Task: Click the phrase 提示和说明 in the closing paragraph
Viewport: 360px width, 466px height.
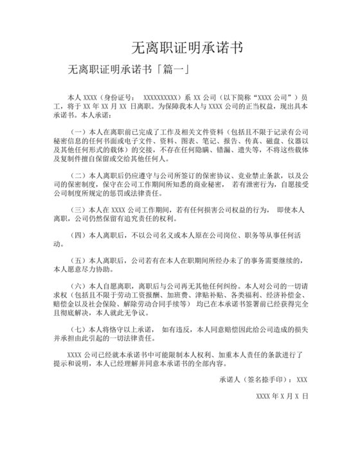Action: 71,364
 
